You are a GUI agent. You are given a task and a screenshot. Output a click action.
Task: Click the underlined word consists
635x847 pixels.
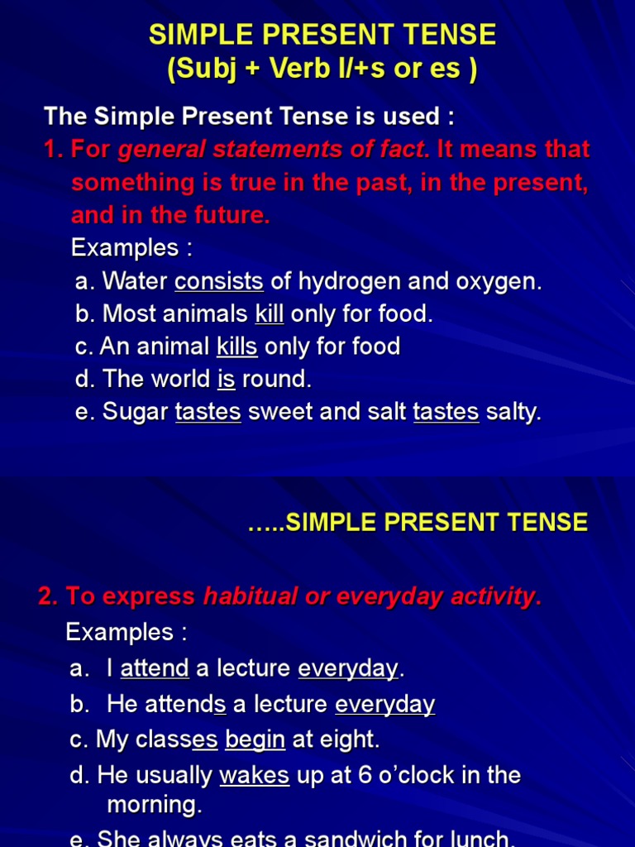point(219,281)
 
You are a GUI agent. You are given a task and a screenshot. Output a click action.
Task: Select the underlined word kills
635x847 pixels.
point(236,347)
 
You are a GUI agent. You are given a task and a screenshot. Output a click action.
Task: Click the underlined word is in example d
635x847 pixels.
point(226,380)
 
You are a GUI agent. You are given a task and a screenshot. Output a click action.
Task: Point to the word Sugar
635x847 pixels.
point(136,413)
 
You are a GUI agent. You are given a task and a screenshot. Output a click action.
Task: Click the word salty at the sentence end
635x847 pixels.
point(513,413)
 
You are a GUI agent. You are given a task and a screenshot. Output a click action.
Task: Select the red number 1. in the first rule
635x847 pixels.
point(54,150)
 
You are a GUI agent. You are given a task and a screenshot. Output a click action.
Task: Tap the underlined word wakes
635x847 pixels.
point(254,776)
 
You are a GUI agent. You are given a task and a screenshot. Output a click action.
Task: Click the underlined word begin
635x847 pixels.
point(255,739)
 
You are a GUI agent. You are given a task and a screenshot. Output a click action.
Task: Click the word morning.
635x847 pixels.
point(154,804)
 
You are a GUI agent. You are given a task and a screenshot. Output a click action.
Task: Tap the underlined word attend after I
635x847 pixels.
point(155,668)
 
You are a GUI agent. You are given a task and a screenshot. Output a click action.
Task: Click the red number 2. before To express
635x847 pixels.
point(48,596)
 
